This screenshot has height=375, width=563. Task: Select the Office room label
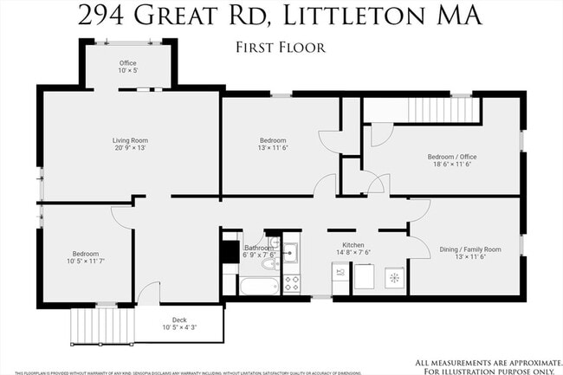click(x=128, y=63)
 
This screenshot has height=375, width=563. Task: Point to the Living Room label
click(x=130, y=140)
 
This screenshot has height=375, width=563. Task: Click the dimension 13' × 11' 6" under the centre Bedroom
click(x=273, y=148)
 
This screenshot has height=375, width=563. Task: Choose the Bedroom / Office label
click(x=452, y=157)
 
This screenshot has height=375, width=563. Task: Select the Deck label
click(x=179, y=320)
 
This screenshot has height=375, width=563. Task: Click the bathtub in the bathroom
click(x=258, y=286)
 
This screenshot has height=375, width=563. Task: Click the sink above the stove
click(x=290, y=253)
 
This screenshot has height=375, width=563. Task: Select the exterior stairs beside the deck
click(x=87, y=327)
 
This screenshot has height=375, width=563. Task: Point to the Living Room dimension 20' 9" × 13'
click(x=130, y=148)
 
